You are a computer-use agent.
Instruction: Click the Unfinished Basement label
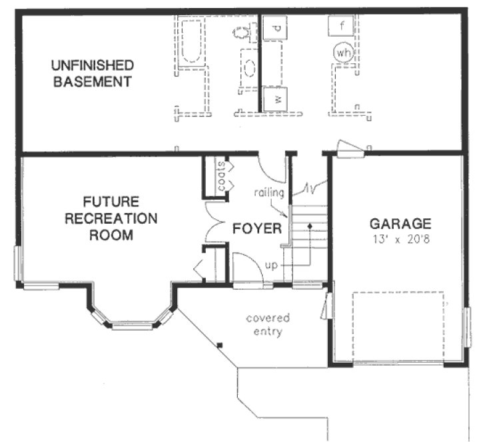coord(91,74)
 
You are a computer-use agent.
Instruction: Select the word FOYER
coord(256,228)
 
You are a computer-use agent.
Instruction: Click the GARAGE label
coord(400,224)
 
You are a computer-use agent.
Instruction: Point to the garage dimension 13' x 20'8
coord(400,238)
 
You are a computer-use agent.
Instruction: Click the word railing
coord(270,193)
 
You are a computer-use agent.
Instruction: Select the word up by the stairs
coord(271,265)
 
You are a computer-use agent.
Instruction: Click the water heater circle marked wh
coord(343,53)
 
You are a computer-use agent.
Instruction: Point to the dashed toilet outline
coord(242,32)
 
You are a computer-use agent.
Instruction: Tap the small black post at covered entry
coord(219,344)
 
